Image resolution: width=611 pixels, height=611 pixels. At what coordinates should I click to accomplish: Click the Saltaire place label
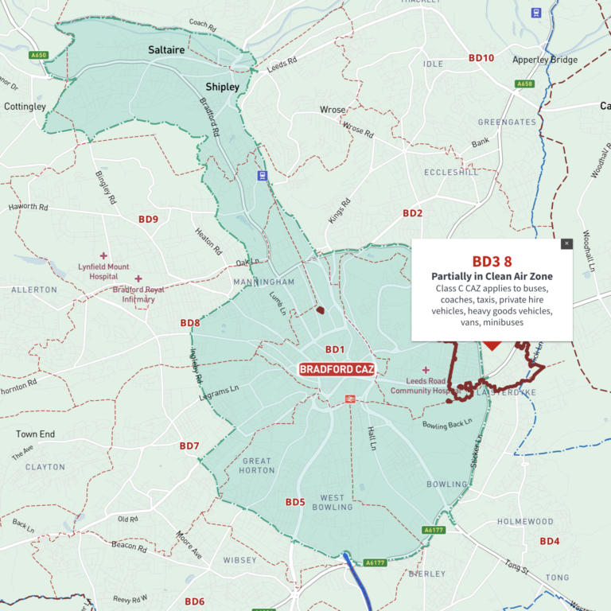point(166,49)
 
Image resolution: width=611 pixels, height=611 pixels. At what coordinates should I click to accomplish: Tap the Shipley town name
point(222,86)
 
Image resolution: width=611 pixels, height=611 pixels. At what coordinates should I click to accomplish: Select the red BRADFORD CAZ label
point(337,369)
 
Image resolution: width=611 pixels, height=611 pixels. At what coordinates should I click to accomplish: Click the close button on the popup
point(566,243)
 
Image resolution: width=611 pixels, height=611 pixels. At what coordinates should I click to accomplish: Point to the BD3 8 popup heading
point(492,261)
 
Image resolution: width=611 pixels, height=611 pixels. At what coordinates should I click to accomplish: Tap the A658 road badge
point(524,84)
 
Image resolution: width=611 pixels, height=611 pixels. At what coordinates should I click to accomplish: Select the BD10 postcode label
point(481,58)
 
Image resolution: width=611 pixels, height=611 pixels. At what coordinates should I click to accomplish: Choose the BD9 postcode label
point(148,219)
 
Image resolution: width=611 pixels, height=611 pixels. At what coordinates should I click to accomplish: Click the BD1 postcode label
point(335,349)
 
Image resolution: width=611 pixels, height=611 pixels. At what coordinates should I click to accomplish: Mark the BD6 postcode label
point(195,601)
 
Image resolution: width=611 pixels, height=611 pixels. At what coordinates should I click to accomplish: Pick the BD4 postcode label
point(550,541)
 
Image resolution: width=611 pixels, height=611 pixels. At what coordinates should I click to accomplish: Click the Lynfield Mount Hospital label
point(104,271)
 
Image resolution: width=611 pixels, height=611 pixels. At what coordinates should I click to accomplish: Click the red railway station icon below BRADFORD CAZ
point(349,399)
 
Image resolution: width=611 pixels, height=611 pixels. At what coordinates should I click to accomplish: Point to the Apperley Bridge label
point(546,60)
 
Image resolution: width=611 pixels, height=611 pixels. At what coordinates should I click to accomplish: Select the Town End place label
point(36,434)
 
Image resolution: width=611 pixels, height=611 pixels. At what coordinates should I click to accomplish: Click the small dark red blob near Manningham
point(321,310)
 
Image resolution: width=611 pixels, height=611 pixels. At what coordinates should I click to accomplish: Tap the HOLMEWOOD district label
point(525,522)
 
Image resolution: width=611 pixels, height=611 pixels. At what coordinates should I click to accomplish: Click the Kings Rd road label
point(340,211)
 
